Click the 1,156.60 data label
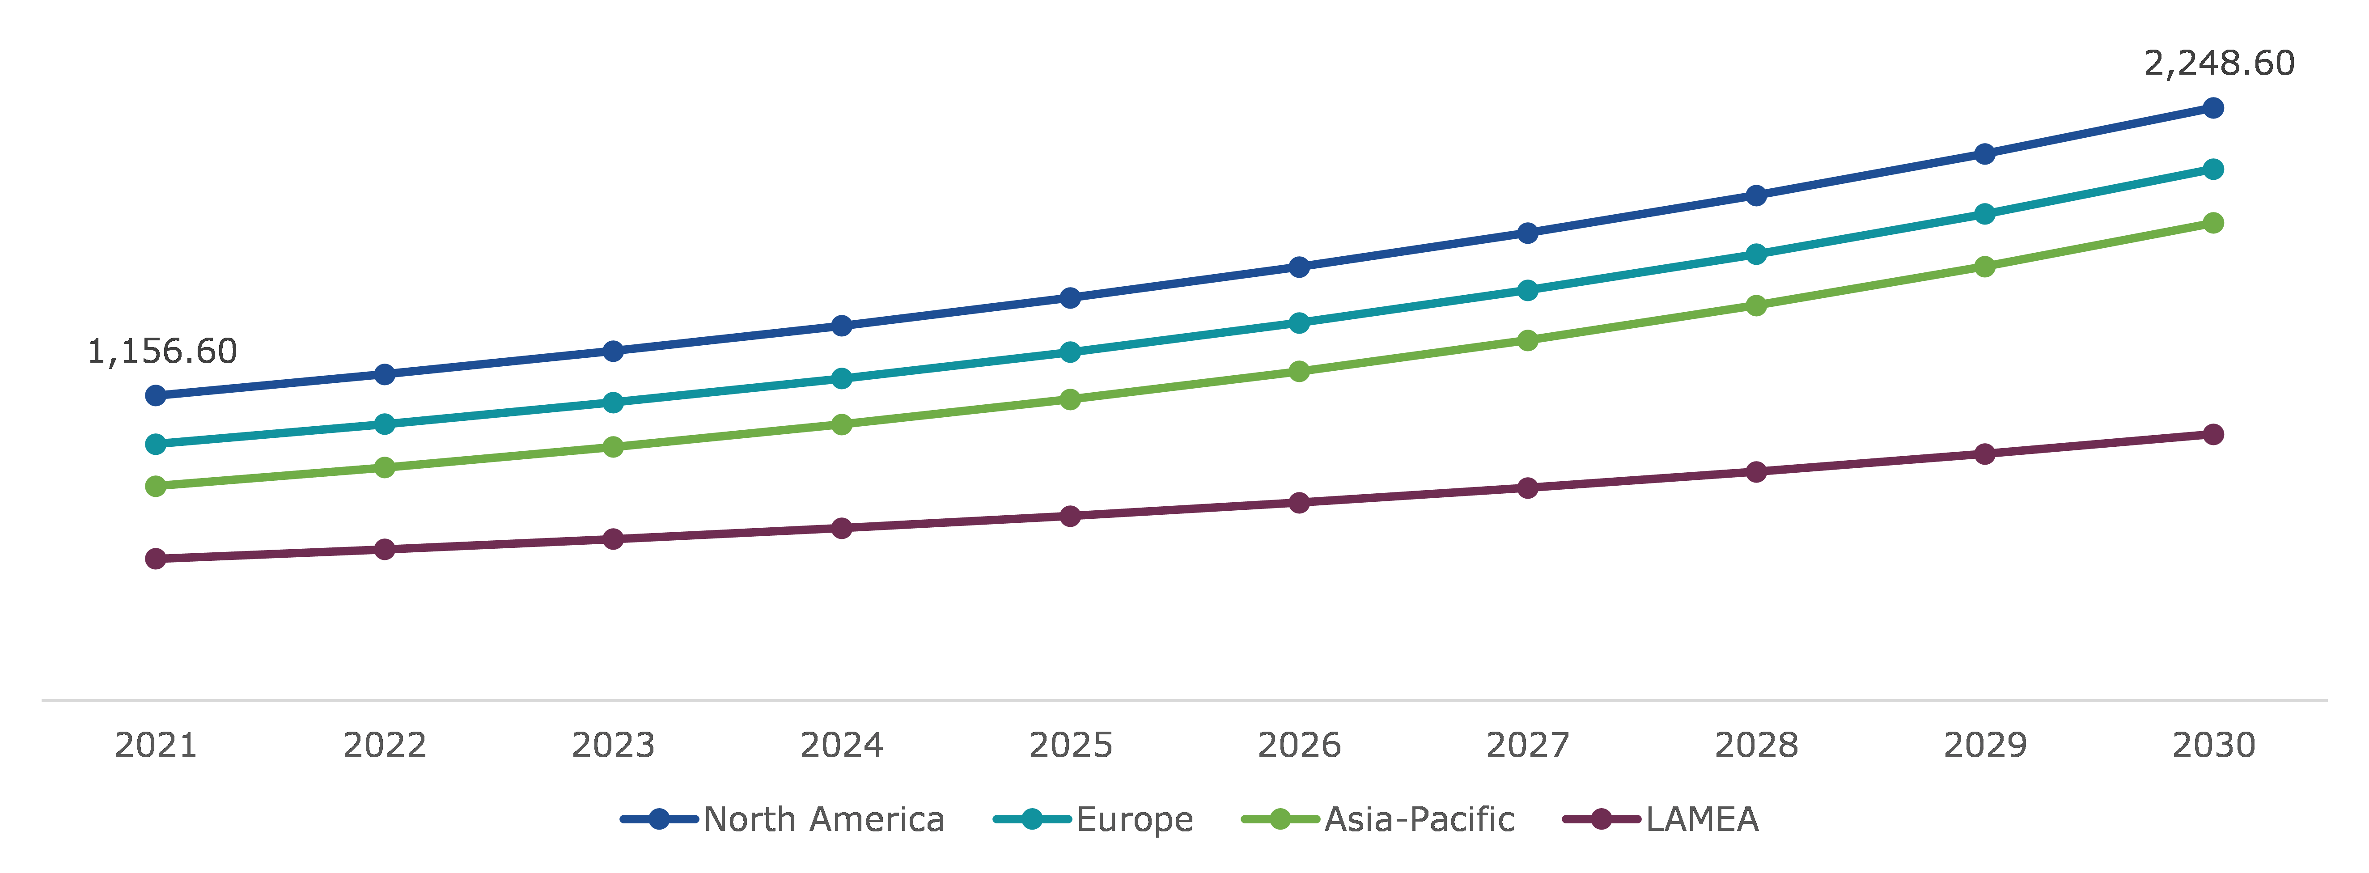[x=162, y=352]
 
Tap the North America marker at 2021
[x=157, y=395]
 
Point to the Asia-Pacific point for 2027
[x=1527, y=340]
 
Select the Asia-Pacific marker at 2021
[x=157, y=486]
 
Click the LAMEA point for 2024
[x=842, y=528]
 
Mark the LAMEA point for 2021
[x=157, y=559]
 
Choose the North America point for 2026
[x=1298, y=267]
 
